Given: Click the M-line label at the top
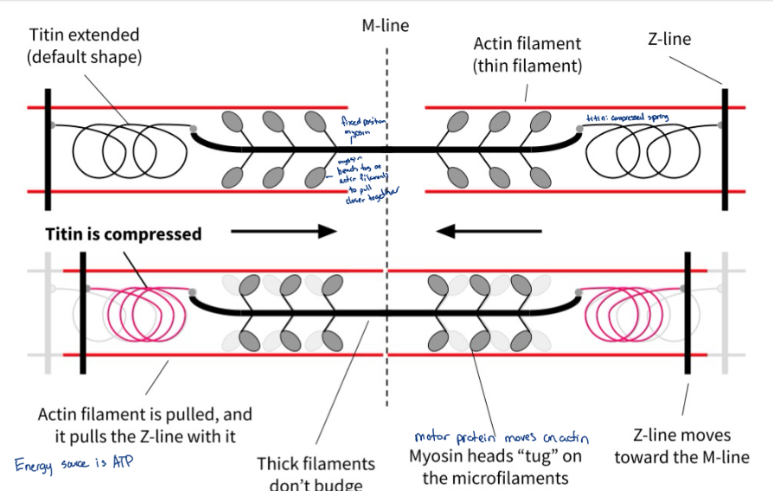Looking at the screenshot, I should point(385,26).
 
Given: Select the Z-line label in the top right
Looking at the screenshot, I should point(669,39).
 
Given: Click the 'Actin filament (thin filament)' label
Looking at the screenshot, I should point(527,54).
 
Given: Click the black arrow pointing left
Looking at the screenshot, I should point(489,231).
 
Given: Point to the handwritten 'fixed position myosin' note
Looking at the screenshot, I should point(354,129).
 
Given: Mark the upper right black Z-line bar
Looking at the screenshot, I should point(725,149).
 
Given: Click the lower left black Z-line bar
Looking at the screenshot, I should point(84,312).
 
